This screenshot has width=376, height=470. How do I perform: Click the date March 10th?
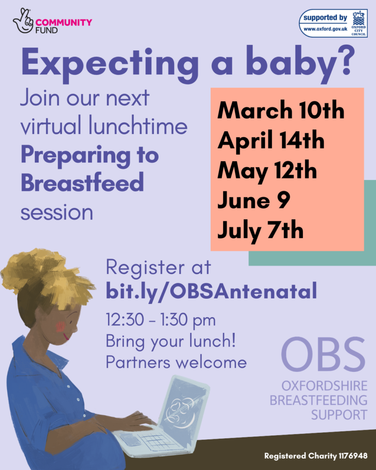click(x=281, y=111)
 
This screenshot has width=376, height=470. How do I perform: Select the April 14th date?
click(x=271, y=140)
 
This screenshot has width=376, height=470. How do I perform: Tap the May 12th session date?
click(x=267, y=171)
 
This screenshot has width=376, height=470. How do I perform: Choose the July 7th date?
click(x=260, y=230)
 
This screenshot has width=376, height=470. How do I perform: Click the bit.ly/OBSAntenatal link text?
click(x=211, y=291)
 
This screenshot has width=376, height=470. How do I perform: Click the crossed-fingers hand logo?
click(x=23, y=20)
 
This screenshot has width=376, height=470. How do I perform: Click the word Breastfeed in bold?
click(x=82, y=183)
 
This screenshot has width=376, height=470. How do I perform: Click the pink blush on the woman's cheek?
click(x=60, y=327)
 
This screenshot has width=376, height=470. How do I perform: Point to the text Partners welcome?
click(x=176, y=362)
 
